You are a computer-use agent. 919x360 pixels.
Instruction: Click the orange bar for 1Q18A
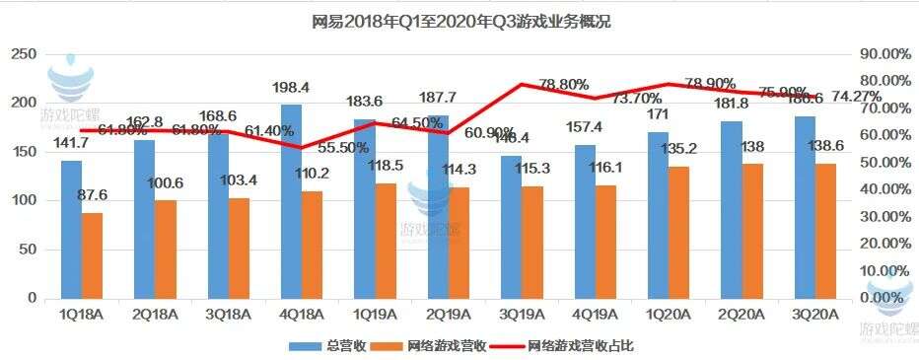[x=92, y=255]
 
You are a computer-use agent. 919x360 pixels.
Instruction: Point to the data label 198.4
[x=293, y=89]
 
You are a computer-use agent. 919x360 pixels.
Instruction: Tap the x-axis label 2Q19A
[x=449, y=315]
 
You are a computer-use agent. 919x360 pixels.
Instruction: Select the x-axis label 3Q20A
[x=815, y=315]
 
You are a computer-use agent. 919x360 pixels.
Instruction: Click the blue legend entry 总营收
[x=327, y=346]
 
